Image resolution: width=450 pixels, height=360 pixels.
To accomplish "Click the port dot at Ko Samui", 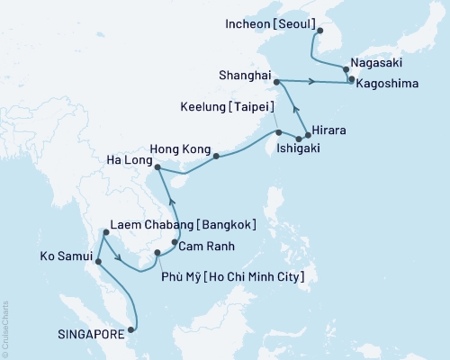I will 97,263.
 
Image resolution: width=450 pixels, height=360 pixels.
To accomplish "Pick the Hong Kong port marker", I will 216,156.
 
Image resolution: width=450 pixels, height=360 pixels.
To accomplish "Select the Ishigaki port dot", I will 298,138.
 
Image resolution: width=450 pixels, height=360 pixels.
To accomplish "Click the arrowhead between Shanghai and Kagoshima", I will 311,82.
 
